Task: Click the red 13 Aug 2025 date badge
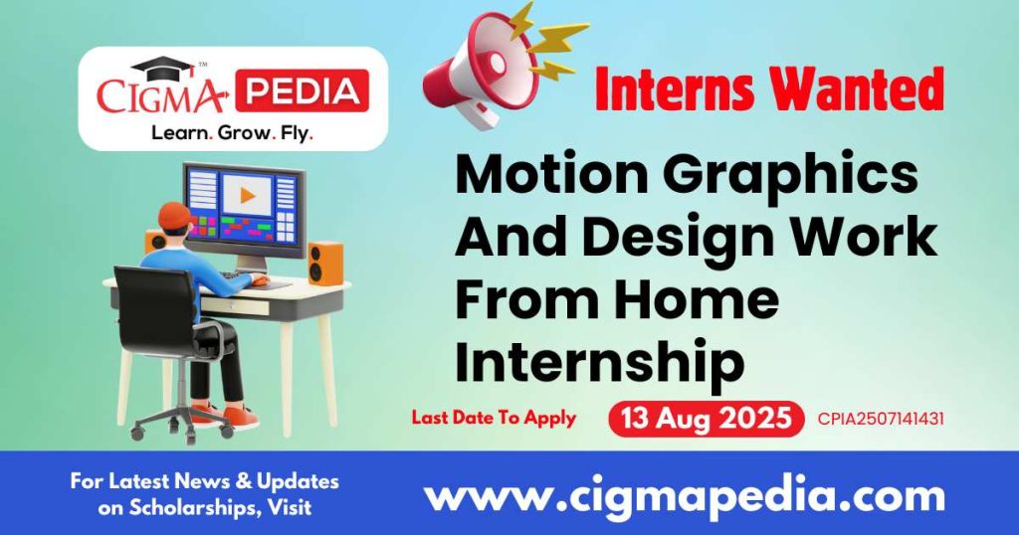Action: click(x=706, y=418)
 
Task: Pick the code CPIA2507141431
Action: click(x=880, y=419)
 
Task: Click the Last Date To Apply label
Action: click(x=494, y=418)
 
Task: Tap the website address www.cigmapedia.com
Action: click(x=685, y=494)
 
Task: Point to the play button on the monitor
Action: click(x=244, y=195)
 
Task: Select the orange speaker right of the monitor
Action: click(x=324, y=263)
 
